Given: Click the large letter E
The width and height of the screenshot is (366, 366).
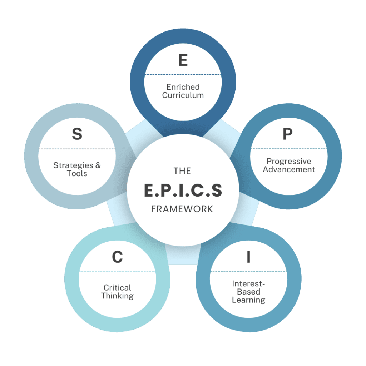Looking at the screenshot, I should point(183,60).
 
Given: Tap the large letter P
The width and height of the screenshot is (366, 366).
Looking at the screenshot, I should point(287,134).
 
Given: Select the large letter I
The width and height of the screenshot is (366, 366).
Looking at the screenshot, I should point(248,257).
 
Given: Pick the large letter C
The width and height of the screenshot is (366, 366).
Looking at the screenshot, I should point(117,257).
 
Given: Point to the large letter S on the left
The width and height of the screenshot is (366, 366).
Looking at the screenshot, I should point(77,134).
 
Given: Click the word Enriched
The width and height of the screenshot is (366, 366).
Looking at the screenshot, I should point(183,87).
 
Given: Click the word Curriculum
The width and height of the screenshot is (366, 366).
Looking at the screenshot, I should point(183,95).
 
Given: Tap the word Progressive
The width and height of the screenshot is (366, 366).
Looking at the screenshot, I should point(289,161).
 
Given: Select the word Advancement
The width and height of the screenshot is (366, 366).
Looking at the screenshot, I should point(289,169).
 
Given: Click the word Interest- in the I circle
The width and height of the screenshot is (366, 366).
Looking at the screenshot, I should point(248,283).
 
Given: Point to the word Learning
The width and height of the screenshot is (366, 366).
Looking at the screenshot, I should point(248,300).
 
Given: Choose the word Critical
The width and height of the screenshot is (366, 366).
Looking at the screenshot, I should point(117,287).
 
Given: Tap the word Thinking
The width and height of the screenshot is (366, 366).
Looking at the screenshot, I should point(117,296).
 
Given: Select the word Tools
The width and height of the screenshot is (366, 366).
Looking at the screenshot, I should point(77,174).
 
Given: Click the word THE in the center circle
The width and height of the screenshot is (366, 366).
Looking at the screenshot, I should point(183,171).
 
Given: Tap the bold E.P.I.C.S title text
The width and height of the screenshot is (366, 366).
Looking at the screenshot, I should point(183,191).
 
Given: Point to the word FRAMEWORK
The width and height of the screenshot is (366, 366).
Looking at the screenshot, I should point(182,209).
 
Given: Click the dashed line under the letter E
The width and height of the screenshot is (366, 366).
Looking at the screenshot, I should point(183,75).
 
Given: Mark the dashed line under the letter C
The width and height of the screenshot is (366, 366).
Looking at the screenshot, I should point(117,271).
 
